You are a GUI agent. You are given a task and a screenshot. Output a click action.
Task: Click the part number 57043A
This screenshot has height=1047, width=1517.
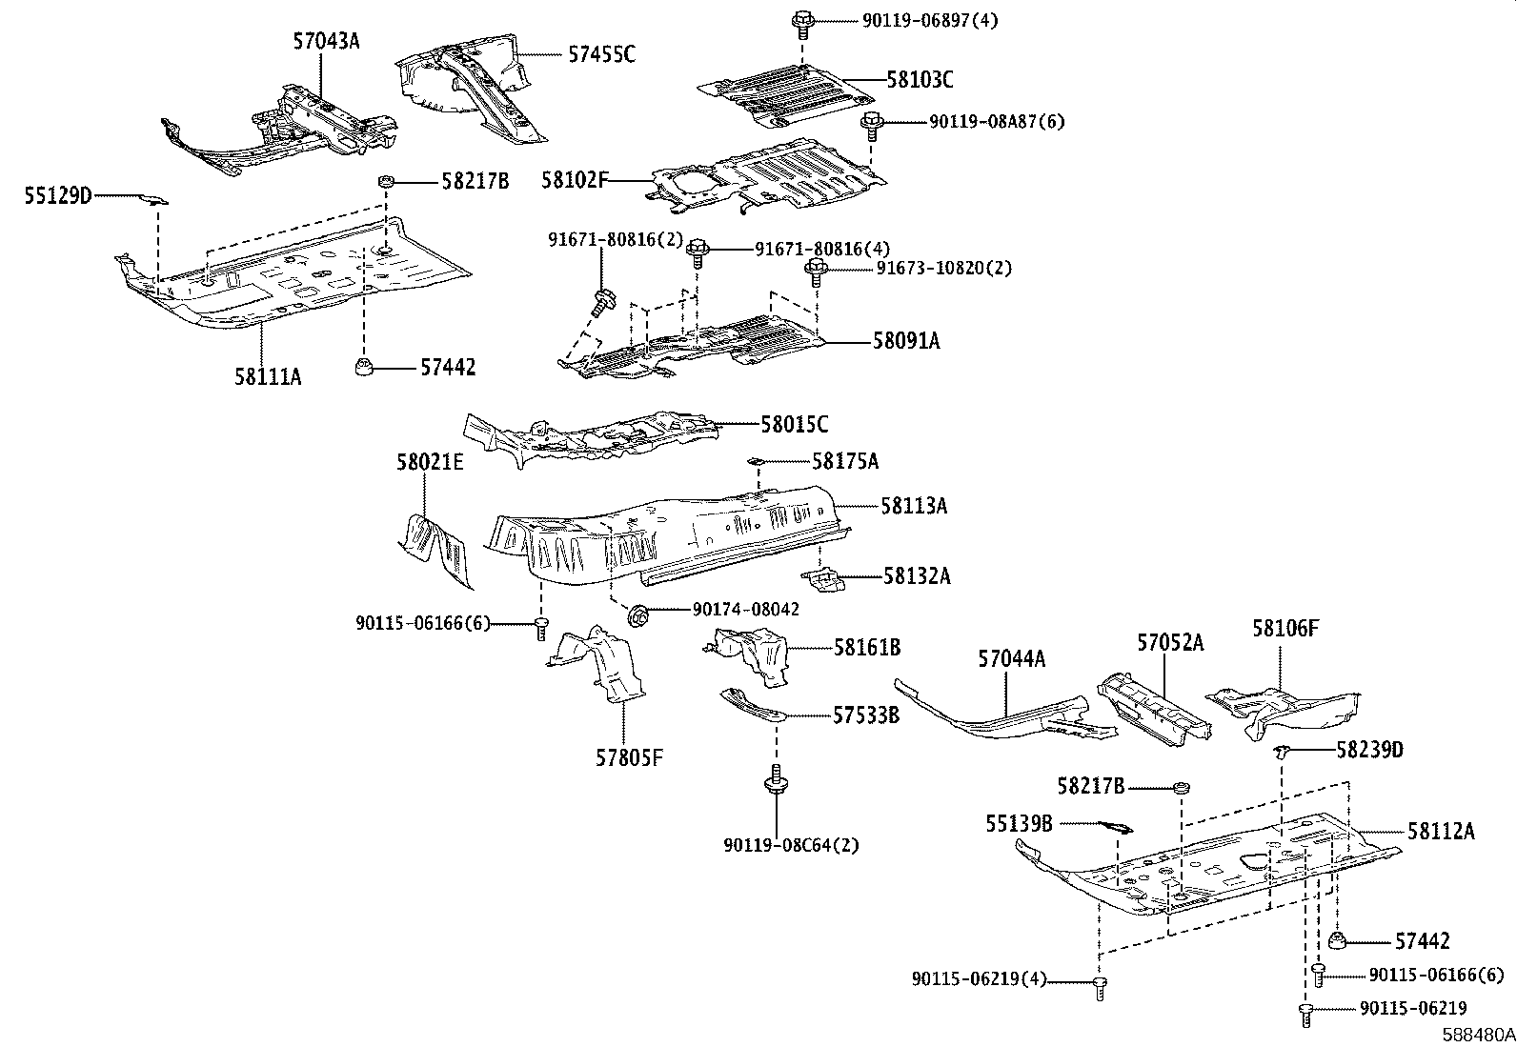click(x=327, y=41)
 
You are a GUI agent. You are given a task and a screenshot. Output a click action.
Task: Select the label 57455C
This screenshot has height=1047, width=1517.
click(x=601, y=54)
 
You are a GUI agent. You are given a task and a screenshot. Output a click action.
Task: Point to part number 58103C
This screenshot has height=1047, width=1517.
click(x=920, y=80)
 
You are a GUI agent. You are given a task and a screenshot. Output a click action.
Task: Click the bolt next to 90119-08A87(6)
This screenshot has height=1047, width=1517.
click(x=872, y=127)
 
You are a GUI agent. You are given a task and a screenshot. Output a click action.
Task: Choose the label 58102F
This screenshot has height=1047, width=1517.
click(x=575, y=180)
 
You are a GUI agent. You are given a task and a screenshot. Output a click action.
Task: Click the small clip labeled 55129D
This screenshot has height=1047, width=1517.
click(x=153, y=199)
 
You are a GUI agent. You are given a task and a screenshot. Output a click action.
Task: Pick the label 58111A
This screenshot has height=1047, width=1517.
click(x=268, y=376)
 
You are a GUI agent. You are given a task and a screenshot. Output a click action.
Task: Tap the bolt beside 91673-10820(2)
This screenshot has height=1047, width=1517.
click(x=816, y=272)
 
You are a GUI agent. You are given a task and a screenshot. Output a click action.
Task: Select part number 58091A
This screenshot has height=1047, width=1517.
click(x=906, y=341)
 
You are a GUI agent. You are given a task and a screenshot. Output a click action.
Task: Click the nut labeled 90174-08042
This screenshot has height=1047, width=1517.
click(x=637, y=615)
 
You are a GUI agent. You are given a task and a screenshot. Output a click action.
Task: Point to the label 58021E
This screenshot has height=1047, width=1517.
click(x=430, y=463)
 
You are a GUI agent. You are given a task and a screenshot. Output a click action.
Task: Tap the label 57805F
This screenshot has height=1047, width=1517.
click(x=629, y=757)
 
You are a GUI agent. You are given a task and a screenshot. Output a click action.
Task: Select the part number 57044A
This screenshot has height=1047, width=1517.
click(x=1011, y=659)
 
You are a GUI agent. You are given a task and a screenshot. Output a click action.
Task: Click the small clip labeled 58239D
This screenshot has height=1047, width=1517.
click(x=1281, y=751)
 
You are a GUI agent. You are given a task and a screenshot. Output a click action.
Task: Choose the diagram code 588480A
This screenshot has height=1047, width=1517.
click(x=1478, y=1035)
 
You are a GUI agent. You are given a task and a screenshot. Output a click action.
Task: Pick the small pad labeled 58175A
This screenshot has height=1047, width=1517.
click(x=756, y=461)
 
